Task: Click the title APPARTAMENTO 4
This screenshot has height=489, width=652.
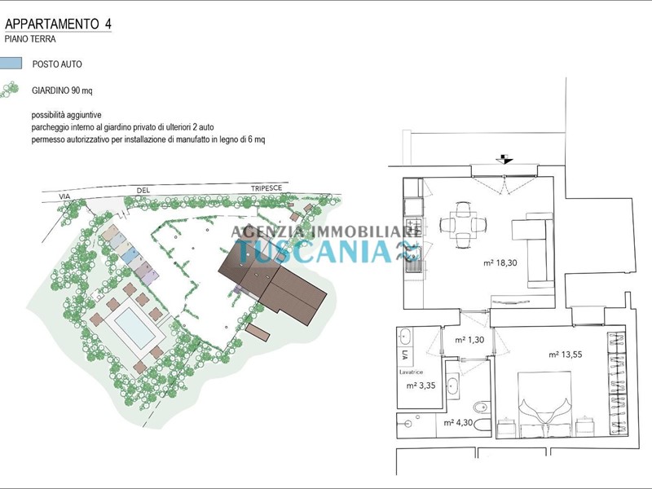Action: (x=58, y=24)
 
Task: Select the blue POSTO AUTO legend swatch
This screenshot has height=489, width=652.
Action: (x=11, y=64)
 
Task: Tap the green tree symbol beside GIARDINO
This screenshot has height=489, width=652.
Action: (x=10, y=90)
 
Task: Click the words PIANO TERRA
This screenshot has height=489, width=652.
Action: (x=30, y=39)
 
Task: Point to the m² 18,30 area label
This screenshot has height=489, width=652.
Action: (x=500, y=262)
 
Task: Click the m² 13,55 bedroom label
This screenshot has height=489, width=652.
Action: (x=565, y=355)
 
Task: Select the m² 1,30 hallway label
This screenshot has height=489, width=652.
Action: (x=469, y=340)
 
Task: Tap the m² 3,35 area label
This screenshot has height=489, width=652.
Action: (x=421, y=385)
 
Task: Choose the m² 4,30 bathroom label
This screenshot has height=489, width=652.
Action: (x=458, y=423)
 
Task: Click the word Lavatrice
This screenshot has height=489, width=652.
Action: (x=411, y=372)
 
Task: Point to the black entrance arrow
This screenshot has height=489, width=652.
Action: (x=504, y=159)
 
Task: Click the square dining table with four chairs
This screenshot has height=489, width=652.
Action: (x=462, y=225)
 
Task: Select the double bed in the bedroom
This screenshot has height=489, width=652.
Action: (x=544, y=404)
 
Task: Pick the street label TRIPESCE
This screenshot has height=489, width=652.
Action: (x=267, y=188)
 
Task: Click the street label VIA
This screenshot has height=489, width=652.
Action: (x=64, y=196)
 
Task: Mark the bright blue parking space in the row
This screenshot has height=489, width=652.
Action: (x=131, y=253)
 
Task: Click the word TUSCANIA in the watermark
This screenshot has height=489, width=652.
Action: (x=314, y=251)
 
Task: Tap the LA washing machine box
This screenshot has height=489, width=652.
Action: (x=405, y=355)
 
